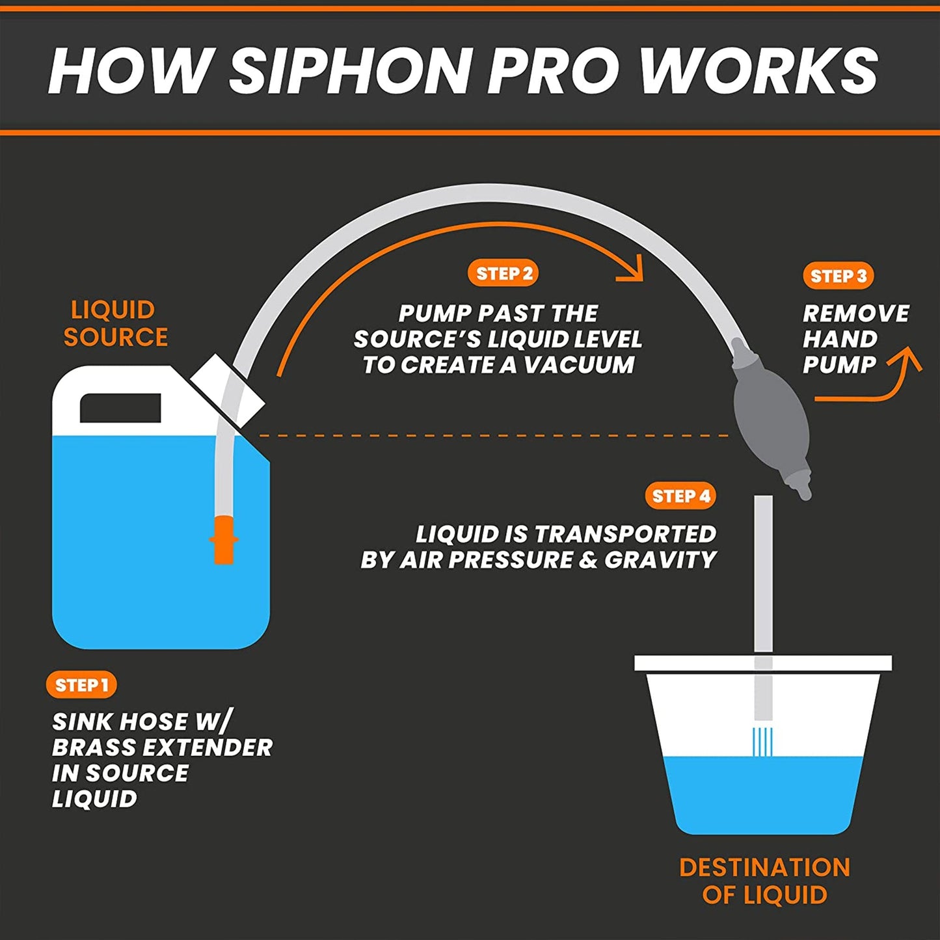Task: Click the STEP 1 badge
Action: tap(81, 685)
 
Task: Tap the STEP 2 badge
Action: tap(503, 274)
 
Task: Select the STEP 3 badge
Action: tap(838, 276)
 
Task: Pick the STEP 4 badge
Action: tap(680, 496)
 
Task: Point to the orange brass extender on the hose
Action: tap(223, 539)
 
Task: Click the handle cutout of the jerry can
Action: tap(120, 408)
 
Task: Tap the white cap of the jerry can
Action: tap(228, 390)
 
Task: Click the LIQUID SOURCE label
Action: tap(114, 323)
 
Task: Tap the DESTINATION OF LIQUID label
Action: tap(764, 881)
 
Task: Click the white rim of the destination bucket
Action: tap(763, 664)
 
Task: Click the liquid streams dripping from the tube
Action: tap(762, 742)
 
